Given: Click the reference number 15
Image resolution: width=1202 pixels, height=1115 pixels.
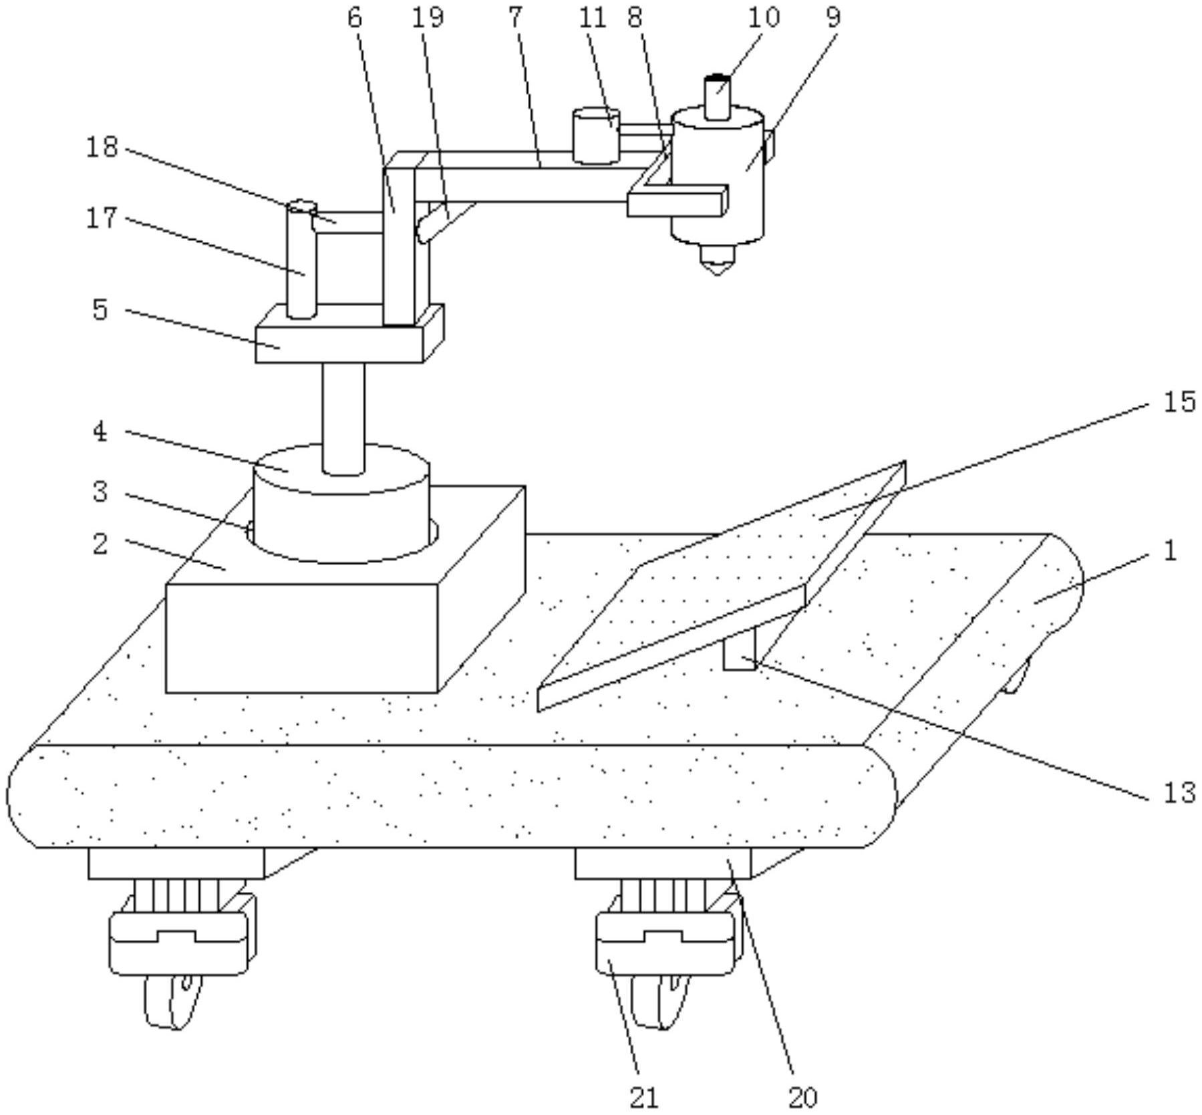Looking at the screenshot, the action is pos(1179,402).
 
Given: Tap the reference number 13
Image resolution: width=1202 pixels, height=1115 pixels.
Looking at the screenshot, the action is pos(1179,793).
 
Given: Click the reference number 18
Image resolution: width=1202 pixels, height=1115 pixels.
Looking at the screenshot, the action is pos(102,146).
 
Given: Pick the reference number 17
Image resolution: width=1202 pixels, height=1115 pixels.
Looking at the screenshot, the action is pos(102,218).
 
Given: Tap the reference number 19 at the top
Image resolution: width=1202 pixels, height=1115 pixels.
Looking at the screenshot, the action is pos(428,17).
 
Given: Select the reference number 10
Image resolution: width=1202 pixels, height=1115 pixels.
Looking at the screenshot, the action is pos(763,17).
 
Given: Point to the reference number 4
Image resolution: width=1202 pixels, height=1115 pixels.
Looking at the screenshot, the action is pos(100,432).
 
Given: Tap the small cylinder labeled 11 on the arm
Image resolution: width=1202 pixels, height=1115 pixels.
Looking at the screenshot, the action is pos(596,136).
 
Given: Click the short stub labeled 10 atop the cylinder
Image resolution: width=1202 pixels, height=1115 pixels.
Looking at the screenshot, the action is pos(718,98).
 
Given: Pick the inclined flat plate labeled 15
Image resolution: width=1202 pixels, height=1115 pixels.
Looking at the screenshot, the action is pos(722,586).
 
